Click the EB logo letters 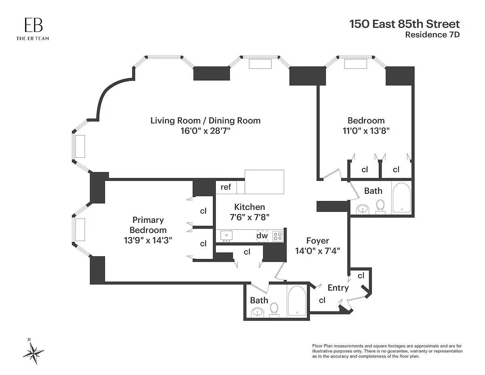point(34,25)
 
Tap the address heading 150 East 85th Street point(405,24)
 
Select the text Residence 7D point(432,35)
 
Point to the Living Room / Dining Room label point(205,121)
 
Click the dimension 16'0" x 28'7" point(205,131)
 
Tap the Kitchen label point(249,207)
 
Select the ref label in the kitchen point(226,187)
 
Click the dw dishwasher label point(262,235)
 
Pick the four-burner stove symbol point(278,236)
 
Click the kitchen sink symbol point(226,236)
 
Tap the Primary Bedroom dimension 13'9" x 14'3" point(148,241)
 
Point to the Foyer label point(317,241)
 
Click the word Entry point(338,288)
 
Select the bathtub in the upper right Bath point(401,198)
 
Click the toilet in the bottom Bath point(274,310)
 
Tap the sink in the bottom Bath point(257,312)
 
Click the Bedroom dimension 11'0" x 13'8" point(366,131)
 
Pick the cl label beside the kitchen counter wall point(247,252)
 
